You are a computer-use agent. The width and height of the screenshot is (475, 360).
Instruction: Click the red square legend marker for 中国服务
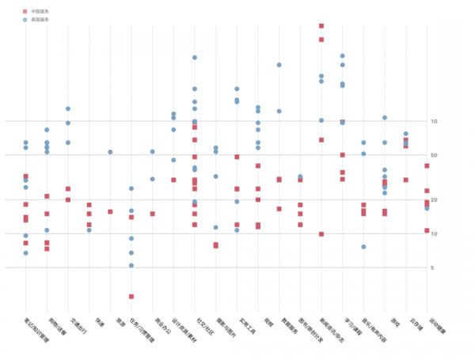click(25, 12)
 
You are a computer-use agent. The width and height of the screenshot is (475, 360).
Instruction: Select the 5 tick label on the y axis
click(433, 268)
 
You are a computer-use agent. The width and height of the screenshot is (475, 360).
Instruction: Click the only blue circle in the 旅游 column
click(110, 152)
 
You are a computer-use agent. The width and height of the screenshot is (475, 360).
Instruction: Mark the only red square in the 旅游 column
click(110, 212)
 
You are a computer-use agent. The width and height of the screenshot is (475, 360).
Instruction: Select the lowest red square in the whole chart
click(131, 297)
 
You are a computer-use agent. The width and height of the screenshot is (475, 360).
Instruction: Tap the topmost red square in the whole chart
click(321, 25)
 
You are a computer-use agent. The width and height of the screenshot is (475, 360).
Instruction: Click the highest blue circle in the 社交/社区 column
click(195, 58)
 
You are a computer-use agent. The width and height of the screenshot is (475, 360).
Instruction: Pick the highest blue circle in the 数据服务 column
click(279, 65)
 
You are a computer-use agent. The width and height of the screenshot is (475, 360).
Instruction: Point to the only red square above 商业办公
click(152, 214)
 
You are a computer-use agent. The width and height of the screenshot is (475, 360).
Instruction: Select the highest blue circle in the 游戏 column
click(385, 118)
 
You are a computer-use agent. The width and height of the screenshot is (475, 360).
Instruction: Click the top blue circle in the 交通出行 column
click(68, 108)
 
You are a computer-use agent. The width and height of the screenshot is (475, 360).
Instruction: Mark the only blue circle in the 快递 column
click(89, 230)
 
